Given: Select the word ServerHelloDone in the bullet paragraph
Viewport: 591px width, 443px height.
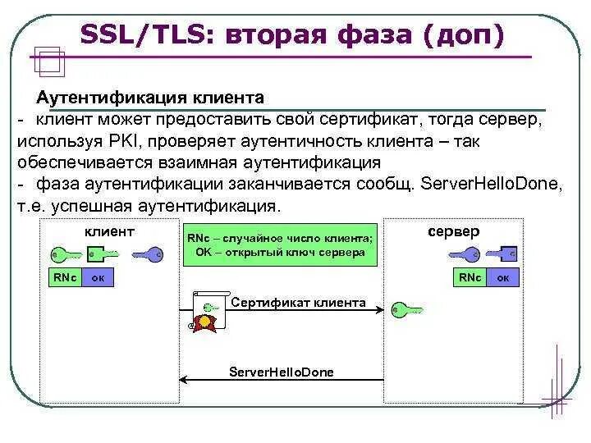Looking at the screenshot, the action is click(490, 182).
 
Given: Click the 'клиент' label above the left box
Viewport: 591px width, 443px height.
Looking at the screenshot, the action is click(108, 232).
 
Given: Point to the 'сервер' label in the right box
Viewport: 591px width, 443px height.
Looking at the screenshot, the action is click(454, 232).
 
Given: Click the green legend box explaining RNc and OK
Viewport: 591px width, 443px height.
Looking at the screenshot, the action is click(281, 245).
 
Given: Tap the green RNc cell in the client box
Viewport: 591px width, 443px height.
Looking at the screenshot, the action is click(64, 278).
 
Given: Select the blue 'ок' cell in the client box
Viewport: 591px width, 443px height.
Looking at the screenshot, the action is click(98, 278).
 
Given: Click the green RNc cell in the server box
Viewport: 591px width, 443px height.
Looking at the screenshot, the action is click(470, 278).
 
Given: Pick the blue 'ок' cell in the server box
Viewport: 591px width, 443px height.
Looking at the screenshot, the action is click(504, 278).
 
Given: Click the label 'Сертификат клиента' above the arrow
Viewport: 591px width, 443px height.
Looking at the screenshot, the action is click(298, 303).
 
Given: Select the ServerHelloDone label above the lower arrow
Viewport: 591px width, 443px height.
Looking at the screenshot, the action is click(282, 372).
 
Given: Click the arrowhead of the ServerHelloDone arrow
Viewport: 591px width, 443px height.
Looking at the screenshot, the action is click(185, 380).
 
